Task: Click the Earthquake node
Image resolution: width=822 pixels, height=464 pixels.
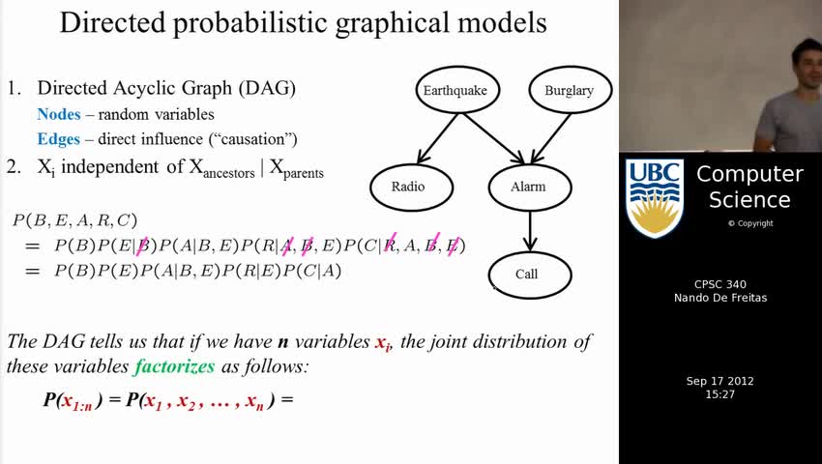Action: (x=455, y=90)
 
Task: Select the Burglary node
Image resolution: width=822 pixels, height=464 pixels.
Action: (x=570, y=90)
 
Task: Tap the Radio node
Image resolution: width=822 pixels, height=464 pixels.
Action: (x=412, y=187)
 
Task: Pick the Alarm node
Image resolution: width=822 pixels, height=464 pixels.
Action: (x=530, y=187)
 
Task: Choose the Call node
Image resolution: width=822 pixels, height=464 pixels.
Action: (x=530, y=275)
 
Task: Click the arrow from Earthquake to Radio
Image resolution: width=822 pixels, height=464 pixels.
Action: (x=438, y=138)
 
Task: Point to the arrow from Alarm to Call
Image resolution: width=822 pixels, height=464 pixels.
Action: (x=530, y=231)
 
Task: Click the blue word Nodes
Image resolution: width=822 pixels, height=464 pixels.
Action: (x=59, y=114)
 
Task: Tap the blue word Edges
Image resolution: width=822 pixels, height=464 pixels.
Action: (x=59, y=139)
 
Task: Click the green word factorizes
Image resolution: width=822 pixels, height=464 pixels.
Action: (x=174, y=366)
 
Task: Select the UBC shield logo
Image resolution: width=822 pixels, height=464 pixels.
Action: (x=655, y=198)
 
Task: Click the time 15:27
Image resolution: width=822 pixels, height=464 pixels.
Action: (x=719, y=394)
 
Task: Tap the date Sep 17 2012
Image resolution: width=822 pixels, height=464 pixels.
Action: (x=719, y=381)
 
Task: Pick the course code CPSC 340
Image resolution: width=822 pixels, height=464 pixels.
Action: (x=719, y=284)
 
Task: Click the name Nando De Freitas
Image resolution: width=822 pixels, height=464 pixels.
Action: (x=719, y=298)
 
